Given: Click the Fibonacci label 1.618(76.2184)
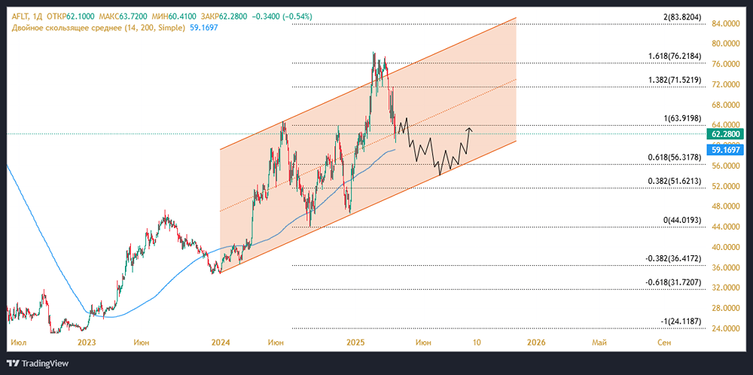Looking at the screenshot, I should pyautogui.click(x=675, y=56).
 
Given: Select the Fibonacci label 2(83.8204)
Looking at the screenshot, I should pyautogui.click(x=683, y=17).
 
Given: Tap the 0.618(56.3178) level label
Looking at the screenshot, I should pyautogui.click(x=675, y=157).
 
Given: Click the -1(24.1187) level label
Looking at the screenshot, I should pyautogui.click(x=682, y=322).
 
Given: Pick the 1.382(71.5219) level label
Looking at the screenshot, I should pyautogui.click(x=675, y=79).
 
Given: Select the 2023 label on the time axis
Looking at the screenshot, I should pyautogui.click(x=87, y=343).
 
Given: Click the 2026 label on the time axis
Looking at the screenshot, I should pyautogui.click(x=535, y=343).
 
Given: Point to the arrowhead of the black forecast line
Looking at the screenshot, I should pyautogui.click(x=470, y=129).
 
